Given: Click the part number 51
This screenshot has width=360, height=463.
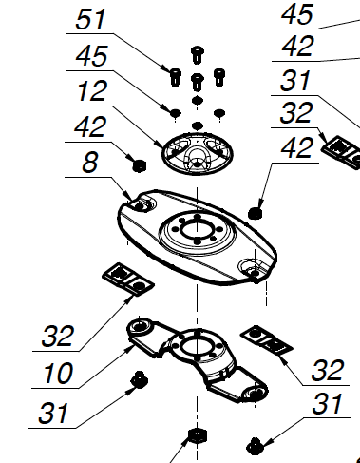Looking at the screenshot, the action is (x=90, y=19).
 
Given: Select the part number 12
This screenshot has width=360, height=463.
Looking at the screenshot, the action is (x=92, y=91).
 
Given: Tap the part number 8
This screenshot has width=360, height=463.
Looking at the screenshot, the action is (x=89, y=163).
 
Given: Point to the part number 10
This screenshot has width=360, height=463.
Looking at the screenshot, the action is (x=58, y=373).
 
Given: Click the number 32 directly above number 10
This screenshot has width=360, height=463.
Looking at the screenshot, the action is (x=58, y=336).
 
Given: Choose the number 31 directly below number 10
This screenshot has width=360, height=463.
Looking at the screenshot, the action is (x=53, y=414).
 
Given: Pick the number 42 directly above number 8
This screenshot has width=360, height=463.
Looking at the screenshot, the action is (x=90, y=126).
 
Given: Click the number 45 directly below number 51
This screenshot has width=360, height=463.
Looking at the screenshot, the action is (x=92, y=56).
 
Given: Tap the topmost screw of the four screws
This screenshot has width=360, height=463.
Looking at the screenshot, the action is (x=198, y=55).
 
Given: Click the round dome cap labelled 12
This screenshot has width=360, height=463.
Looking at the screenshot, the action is (x=198, y=154).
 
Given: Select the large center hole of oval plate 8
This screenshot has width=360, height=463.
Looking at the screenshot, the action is (x=198, y=229).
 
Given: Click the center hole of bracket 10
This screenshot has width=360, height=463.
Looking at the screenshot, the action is (x=197, y=346).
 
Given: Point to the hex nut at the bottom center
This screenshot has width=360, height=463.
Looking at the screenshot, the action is (x=198, y=436).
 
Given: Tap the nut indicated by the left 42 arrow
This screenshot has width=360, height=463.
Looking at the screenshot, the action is (x=139, y=166).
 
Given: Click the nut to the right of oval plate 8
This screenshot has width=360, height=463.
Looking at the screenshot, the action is (x=256, y=213).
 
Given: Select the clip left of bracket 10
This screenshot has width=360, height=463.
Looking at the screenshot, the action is (x=128, y=280).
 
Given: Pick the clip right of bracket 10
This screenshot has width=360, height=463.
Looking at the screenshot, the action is (x=267, y=339).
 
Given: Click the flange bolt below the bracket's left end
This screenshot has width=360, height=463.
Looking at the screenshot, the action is (x=139, y=379).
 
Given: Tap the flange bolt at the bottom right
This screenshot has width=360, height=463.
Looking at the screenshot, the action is (x=255, y=446).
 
